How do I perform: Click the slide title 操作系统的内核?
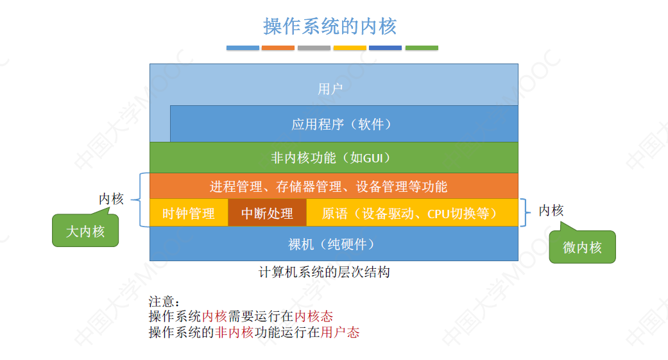coord(330,26)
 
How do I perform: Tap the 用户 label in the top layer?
coord(330,89)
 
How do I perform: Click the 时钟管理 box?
coord(188,213)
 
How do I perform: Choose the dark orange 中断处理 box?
coord(267,213)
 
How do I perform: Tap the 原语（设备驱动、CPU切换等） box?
coord(411,213)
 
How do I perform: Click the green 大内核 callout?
coord(85,232)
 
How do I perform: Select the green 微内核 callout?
coord(582,247)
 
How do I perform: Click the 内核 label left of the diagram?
coord(111,200)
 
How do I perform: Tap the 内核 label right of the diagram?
coord(551,210)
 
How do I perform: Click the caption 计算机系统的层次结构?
coord(324,272)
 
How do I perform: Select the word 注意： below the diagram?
coord(165,302)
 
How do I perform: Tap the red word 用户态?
coord(340,332)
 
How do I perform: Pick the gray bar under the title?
coord(314,47)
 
